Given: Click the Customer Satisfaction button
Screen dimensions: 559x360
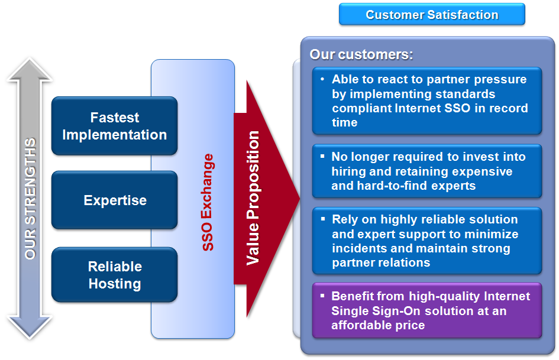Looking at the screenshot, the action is tap(432, 14).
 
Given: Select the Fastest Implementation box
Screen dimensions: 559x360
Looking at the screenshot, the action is tap(114, 126).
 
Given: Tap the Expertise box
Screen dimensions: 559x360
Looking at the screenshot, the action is tap(114, 200).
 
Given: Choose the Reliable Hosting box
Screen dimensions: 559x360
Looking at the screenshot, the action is tap(114, 275).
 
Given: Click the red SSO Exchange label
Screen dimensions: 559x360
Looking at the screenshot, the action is tap(208, 202).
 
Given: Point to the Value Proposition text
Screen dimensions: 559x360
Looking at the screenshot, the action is tap(253, 198).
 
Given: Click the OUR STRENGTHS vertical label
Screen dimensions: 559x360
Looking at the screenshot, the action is tap(30, 199).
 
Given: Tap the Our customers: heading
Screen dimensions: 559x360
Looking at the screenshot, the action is tap(361, 54).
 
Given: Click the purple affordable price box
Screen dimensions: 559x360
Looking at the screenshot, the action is tap(427, 310).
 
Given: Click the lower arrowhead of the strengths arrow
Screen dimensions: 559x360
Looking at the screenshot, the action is tap(30, 327).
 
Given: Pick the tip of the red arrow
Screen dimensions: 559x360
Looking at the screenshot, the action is tap(299, 199).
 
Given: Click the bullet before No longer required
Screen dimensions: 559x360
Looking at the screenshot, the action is tap(322, 156).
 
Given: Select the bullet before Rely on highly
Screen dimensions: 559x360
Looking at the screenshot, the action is tap(322, 219).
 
